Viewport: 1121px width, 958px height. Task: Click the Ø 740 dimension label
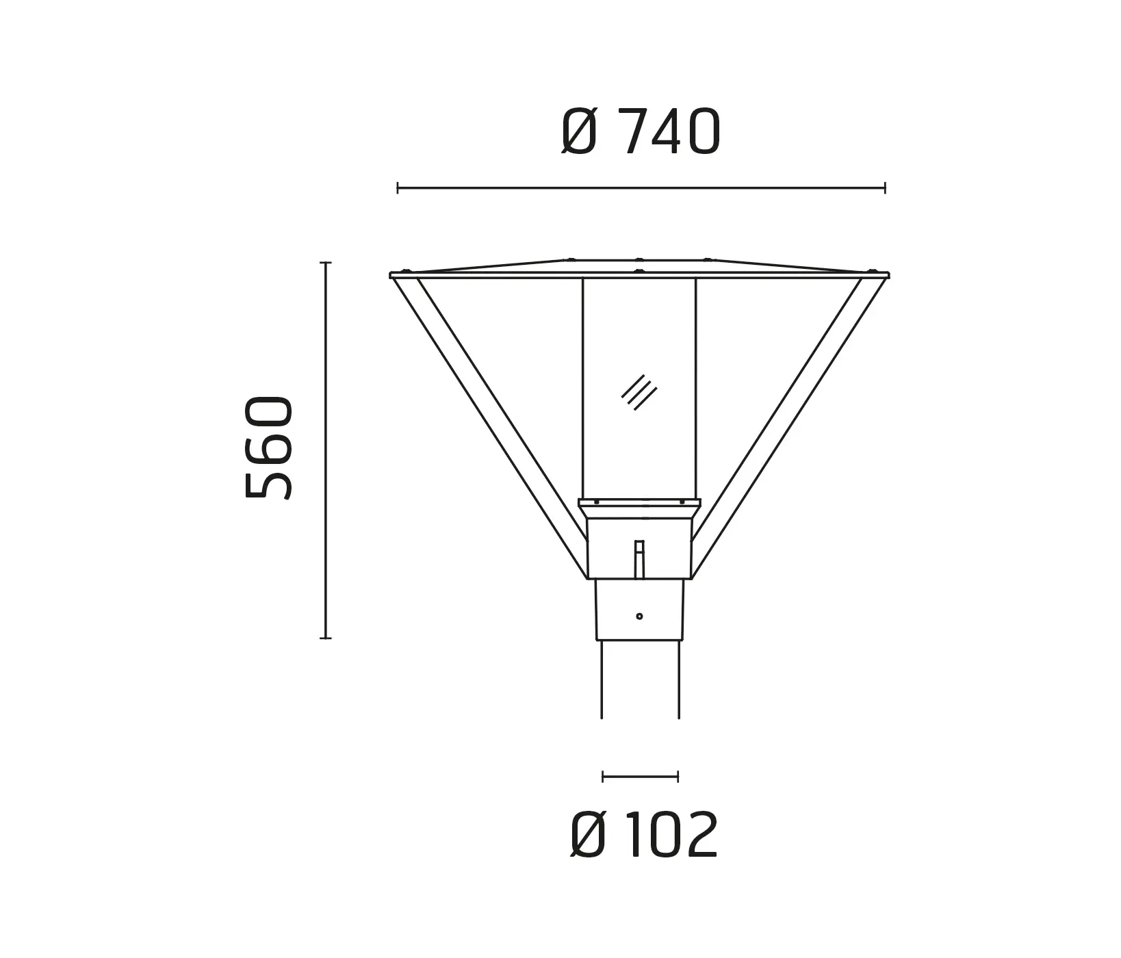641,132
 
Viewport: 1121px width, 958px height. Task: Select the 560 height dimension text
268,447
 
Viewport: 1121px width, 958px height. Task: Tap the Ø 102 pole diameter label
644,836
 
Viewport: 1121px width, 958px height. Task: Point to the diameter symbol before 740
579,132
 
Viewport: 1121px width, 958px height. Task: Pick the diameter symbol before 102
588,836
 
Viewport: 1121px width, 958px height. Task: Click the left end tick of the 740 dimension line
398,187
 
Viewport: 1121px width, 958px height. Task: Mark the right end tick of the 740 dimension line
885,187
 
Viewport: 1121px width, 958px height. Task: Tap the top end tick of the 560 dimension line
326,263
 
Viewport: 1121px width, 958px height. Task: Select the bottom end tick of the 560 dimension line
326,638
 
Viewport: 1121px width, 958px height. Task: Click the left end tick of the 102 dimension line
603,776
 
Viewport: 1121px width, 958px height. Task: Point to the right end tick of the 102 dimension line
678,776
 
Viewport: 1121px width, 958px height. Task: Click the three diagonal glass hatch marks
639,392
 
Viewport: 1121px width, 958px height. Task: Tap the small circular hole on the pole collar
639,617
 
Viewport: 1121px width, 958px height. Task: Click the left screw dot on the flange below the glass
597,502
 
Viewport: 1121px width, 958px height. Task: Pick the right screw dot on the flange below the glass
682,502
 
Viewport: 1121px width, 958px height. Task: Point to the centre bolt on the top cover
639,259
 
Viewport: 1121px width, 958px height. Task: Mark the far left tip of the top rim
391,275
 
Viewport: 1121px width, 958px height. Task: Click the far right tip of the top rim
888,275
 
